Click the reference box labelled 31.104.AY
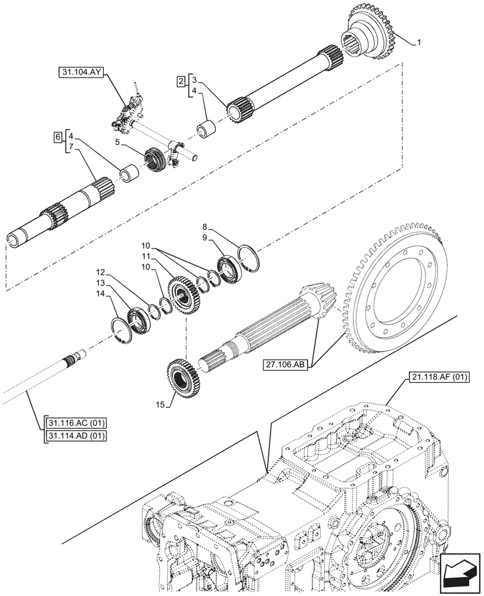click(82, 73)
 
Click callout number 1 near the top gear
click(420, 42)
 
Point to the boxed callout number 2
click(179, 81)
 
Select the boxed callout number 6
click(57, 137)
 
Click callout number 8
click(204, 226)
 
